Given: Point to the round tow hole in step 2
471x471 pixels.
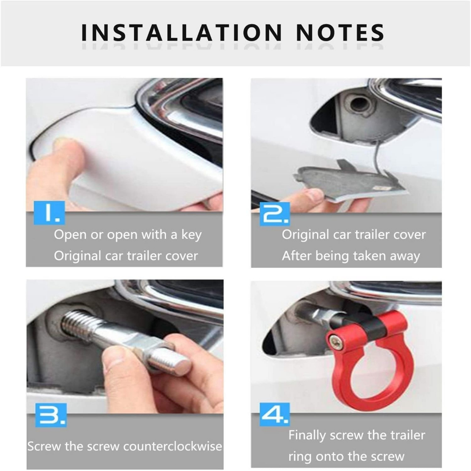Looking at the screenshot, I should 359,103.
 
